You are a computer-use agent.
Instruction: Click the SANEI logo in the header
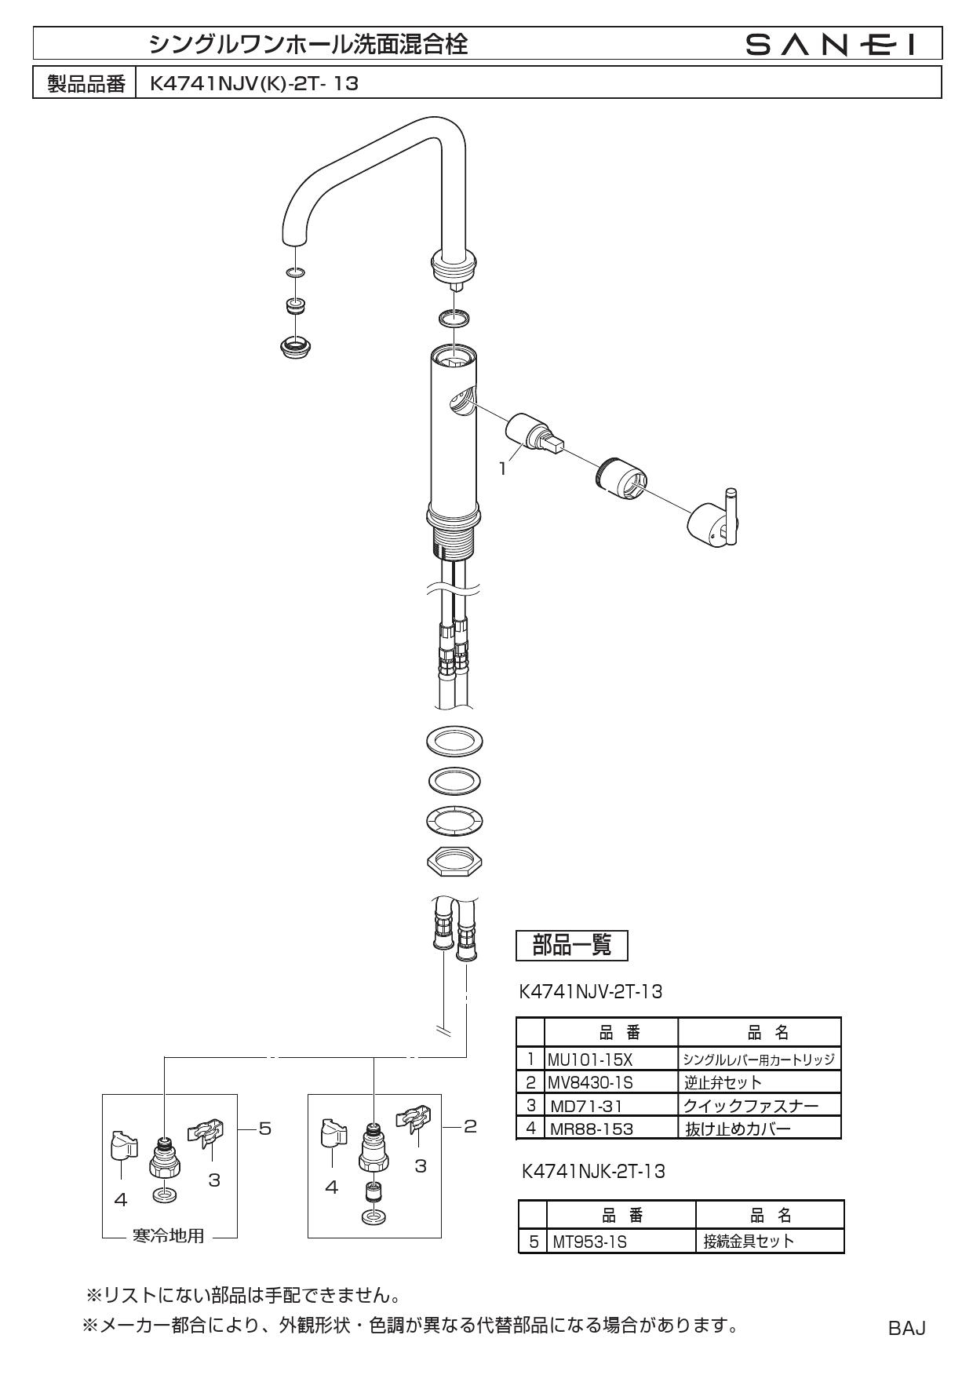pos(831,45)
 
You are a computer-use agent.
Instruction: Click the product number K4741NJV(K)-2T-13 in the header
pos(253,83)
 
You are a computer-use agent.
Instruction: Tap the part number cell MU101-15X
pos(590,1060)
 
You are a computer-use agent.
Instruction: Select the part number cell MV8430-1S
pos(591,1082)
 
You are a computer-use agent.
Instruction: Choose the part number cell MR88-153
pos(591,1129)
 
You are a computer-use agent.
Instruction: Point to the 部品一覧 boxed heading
pos(572,946)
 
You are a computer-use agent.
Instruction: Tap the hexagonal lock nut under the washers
pos(454,862)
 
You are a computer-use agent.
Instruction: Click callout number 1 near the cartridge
pos(502,469)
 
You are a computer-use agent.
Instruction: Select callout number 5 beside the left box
pos(264,1128)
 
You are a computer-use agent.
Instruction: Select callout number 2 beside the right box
pos(469,1126)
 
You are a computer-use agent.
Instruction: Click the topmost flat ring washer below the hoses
pos(454,740)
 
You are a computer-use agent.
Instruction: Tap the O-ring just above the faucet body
pos(454,318)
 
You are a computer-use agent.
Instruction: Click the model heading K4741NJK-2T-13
pos(593,1172)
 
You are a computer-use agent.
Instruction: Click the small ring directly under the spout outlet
pos(296,272)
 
